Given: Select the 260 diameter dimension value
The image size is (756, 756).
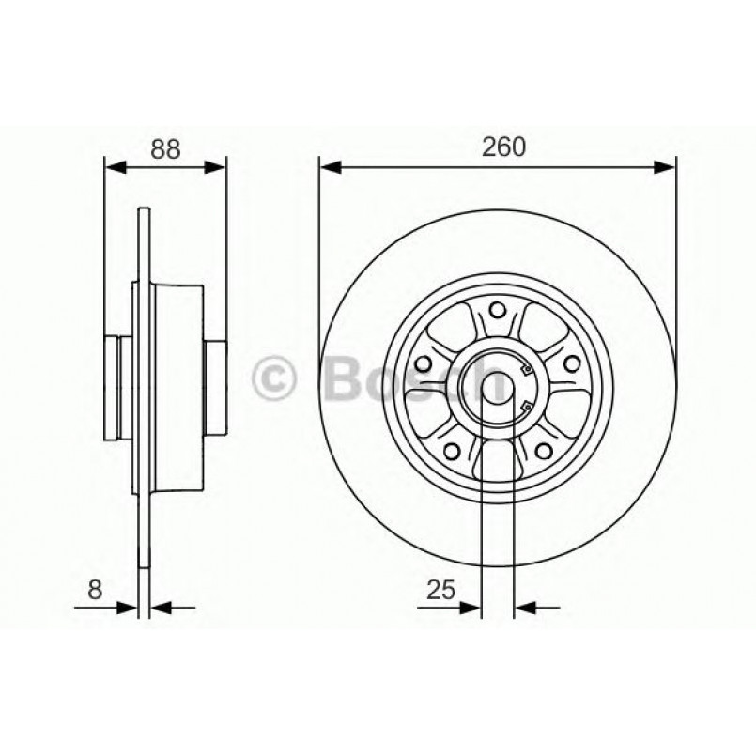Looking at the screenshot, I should click(x=503, y=147).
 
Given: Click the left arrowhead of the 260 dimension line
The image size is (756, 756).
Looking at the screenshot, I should click(x=329, y=168).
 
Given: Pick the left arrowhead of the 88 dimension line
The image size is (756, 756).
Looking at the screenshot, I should click(x=114, y=168).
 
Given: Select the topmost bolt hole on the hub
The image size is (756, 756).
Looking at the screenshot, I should click(x=498, y=311).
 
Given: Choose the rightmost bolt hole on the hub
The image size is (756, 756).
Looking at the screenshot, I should click(x=568, y=363).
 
